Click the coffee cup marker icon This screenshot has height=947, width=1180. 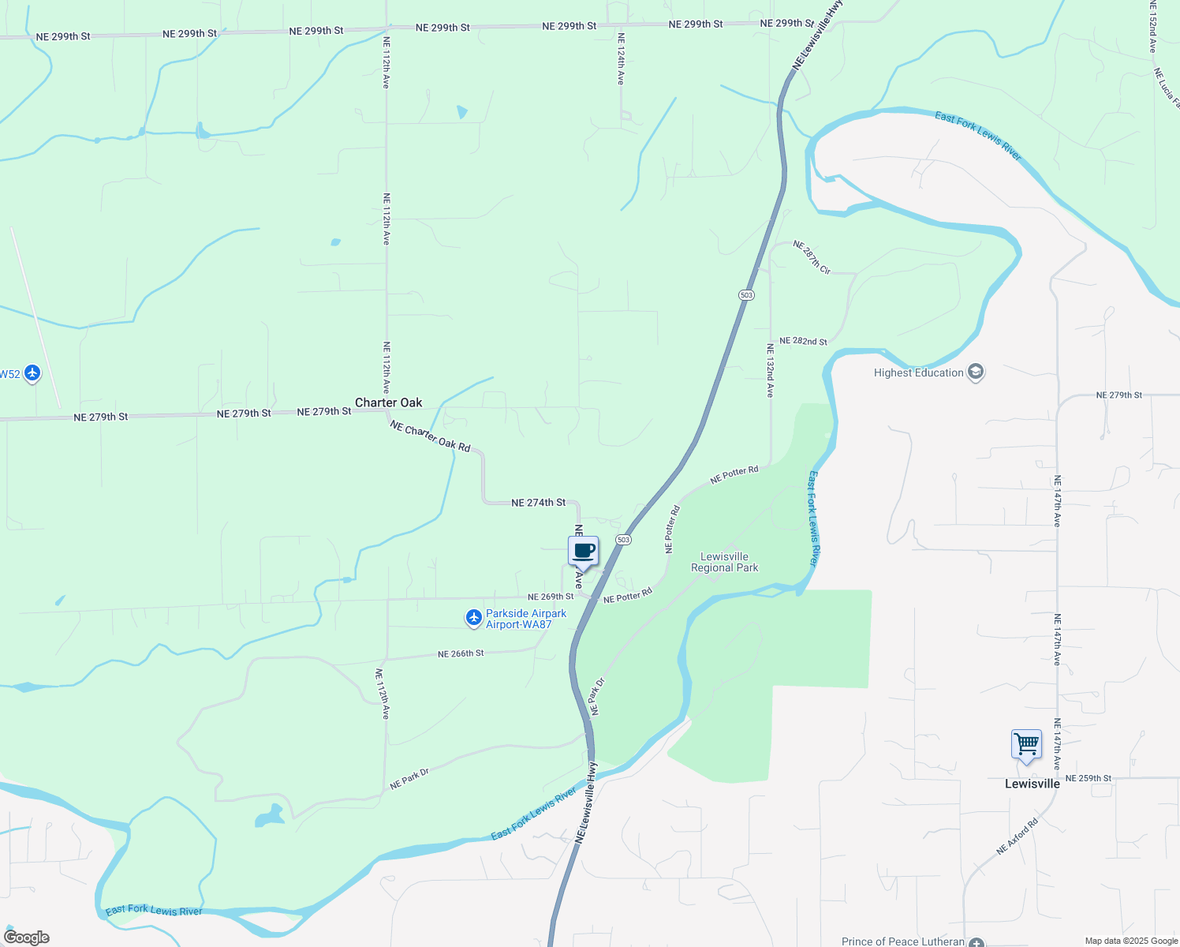[x=584, y=552]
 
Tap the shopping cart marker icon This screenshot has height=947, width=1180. [x=1026, y=744]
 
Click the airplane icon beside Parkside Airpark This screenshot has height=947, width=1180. [x=473, y=619]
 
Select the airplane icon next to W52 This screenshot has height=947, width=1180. [x=32, y=373]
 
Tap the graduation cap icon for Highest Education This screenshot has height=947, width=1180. [x=976, y=372]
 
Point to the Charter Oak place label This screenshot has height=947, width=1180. [x=388, y=402]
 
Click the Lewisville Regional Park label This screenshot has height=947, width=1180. [x=724, y=562]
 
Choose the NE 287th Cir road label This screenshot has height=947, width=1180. [x=812, y=257]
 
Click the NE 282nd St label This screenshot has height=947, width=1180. [x=803, y=342]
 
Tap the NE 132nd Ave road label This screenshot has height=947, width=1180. [x=771, y=370]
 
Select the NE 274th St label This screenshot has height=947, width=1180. [x=538, y=503]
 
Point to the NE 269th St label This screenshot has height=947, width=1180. [x=551, y=597]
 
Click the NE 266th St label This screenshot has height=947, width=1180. [x=461, y=654]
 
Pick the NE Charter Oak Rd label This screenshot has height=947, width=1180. [x=430, y=436]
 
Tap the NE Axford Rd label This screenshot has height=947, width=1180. [x=1017, y=837]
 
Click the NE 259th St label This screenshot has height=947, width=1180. [x=1088, y=778]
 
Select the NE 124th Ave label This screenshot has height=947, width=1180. [x=621, y=59]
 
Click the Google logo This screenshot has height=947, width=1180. [x=27, y=938]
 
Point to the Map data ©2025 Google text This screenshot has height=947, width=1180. [x=1131, y=941]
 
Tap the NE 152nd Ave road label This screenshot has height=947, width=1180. [x=1152, y=27]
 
